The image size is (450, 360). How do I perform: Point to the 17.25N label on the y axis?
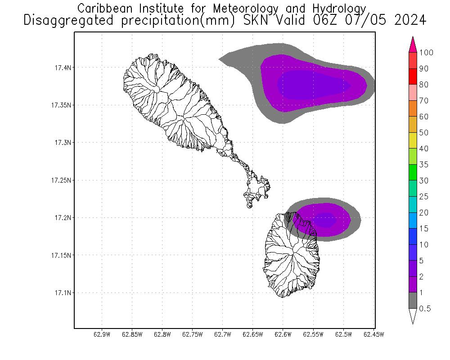point(59,180)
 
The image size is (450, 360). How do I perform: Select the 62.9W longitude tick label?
point(102,334)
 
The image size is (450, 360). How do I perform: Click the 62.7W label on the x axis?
point(223,334)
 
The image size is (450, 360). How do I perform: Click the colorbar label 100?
point(426,53)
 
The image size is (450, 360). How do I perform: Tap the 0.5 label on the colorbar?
point(425,309)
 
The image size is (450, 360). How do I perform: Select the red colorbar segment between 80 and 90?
point(413,76)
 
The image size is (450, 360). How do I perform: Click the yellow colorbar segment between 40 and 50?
point(413,140)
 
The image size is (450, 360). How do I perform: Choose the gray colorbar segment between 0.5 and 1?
point(413,301)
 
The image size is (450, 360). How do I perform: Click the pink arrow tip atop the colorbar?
point(413,44)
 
